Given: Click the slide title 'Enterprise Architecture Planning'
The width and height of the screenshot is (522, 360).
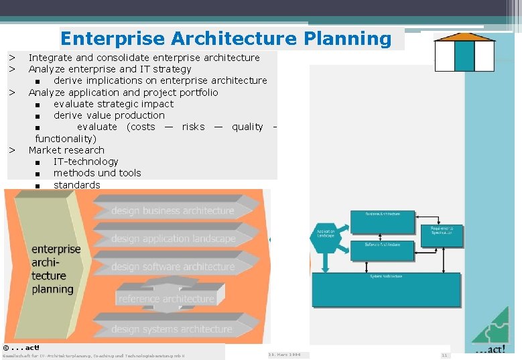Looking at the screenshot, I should [226, 38].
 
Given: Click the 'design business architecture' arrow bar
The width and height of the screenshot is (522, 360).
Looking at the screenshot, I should [172, 211].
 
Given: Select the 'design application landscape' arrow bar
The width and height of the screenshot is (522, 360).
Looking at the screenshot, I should [173, 238].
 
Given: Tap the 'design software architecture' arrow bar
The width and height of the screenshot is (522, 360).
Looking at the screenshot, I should [172, 266].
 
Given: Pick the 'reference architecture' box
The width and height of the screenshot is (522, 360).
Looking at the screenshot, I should [166, 298].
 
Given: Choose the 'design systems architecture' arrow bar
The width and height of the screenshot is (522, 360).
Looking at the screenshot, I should [171, 328].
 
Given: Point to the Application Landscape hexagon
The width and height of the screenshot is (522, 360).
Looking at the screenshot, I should [326, 235].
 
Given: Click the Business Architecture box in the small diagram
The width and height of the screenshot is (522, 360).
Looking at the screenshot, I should [383, 222].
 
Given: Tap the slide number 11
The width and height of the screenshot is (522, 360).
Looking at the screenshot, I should [444, 355].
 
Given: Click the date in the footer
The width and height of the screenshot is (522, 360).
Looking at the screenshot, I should [284, 354].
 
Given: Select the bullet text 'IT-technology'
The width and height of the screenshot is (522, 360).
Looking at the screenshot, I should [86, 162].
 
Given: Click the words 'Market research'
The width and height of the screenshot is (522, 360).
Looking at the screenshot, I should [66, 150].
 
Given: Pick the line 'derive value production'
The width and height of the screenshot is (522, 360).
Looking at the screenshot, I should [109, 115].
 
